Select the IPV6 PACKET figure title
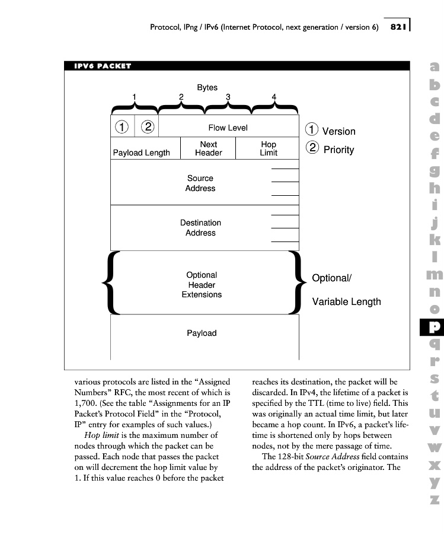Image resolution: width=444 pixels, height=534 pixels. [102, 66]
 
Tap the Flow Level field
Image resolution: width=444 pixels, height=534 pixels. [228, 128]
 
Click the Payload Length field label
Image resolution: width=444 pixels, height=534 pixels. [141, 152]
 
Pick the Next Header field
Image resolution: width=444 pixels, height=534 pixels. [208, 148]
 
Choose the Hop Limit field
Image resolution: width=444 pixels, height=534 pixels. [268, 148]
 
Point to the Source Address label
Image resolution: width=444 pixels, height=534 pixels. [200, 183]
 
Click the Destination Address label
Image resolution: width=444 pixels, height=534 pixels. [200, 228]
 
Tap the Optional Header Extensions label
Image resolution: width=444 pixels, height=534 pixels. [202, 285]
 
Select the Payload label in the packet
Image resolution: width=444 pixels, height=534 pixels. [202, 333]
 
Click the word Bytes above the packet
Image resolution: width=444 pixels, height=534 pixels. [207, 87]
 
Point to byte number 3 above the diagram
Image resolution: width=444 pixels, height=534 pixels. [228, 97]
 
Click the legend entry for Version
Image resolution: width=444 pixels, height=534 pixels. [338, 132]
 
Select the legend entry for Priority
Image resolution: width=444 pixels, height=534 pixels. [338, 150]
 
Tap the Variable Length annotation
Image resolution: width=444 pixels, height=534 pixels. [346, 302]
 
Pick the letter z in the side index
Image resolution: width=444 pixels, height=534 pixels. [435, 499]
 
